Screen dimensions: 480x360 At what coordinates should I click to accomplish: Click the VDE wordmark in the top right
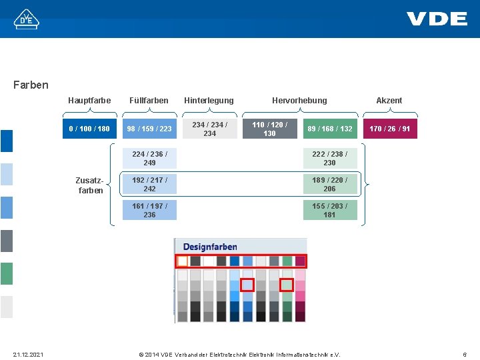[437, 18]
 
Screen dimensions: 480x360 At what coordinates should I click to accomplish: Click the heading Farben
[31, 85]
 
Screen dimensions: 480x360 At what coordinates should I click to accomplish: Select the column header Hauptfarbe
[89, 101]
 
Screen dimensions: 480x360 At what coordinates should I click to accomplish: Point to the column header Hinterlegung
[209, 101]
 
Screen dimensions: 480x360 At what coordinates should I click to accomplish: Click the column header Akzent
[389, 101]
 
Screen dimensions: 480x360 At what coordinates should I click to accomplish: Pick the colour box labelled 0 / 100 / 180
[89, 129]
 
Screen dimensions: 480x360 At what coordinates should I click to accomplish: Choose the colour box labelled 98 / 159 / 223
[149, 129]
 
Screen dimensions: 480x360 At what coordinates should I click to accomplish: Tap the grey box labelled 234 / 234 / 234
[209, 129]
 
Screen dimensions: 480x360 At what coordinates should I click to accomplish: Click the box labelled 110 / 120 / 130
[269, 129]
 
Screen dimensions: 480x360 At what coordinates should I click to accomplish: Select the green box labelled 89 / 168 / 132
[329, 129]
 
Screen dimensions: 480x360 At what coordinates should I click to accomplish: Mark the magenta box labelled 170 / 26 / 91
[389, 129]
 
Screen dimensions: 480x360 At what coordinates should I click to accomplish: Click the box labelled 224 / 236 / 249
[149, 158]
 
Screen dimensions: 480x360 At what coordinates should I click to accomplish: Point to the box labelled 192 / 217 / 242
[149, 184]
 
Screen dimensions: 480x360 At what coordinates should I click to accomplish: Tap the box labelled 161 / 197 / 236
[149, 210]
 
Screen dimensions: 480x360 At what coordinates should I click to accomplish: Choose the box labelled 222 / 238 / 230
[329, 158]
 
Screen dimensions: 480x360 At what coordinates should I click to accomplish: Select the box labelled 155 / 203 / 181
[329, 210]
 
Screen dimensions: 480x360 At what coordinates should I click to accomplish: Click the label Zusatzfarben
[90, 185]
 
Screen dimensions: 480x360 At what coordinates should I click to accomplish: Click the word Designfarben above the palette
[210, 247]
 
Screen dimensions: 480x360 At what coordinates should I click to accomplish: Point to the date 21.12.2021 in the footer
[27, 355]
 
